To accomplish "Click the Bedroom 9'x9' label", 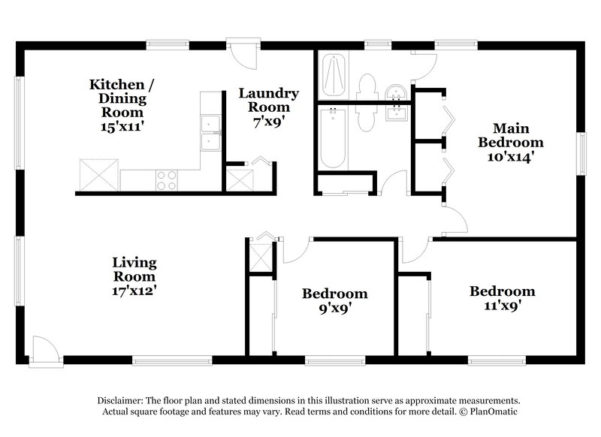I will click(334, 300).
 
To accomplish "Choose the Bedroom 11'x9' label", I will click(502, 298).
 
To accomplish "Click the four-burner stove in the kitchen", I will click(166, 180).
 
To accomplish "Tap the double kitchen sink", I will click(210, 133).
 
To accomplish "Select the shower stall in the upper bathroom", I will click(333, 75).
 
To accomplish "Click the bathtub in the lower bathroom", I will click(331, 139).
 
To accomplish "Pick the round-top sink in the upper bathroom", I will click(394, 92).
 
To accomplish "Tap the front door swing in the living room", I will click(45, 350).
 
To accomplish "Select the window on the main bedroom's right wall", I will click(581, 155).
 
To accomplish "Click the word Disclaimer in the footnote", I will click(122, 401).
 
